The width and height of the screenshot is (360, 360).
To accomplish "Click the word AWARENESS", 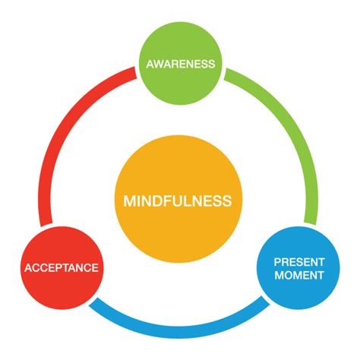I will [180, 65].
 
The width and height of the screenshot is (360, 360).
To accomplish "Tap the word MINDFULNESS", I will [178, 201].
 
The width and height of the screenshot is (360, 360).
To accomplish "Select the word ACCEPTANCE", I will [61, 267].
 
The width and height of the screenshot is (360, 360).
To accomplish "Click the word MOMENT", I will [299, 274].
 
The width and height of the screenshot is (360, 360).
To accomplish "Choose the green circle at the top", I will [180, 46].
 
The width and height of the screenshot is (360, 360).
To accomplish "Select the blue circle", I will [299, 289].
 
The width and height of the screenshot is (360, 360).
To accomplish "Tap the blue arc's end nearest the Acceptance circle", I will [95, 304].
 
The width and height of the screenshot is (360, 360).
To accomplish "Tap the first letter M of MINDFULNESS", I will [129, 201].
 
